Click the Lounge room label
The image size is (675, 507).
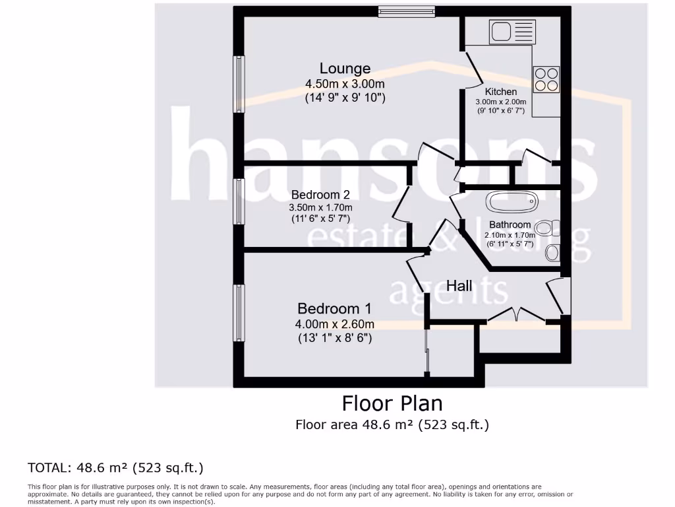pos(345,68)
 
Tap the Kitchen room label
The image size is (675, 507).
pos(501,92)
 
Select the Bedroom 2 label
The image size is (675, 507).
pos(320,195)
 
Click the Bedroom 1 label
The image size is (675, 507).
pos(334,308)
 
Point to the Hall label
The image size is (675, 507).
pos(459,286)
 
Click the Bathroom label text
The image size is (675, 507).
pos(510,225)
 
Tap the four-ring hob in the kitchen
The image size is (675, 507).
pos(546,79)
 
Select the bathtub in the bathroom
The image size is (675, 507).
pos(511,202)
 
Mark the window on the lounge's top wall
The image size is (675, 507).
pos(407,11)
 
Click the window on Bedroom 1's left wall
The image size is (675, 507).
pos(239,313)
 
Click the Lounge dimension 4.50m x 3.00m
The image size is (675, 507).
pos(345,84)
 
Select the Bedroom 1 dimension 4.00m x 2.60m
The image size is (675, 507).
pos(335,324)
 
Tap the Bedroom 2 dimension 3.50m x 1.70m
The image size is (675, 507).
pos(321,207)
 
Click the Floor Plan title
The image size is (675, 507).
pos(392,403)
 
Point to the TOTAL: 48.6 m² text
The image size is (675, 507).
pos(115,468)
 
